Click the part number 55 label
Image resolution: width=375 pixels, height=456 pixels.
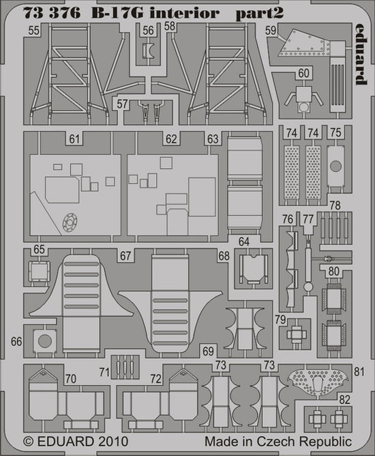pos(33,30)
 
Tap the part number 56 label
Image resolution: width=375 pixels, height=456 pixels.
pos(148,30)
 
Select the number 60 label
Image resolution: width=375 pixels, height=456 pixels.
pos(304,73)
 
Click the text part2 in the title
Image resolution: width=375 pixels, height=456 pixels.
pos(259,14)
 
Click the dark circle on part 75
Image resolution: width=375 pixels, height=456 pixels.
pos(335,166)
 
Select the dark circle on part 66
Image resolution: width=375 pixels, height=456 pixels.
pos(45,341)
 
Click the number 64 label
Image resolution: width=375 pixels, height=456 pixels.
pos(244,242)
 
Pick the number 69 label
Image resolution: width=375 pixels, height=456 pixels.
pos(208,352)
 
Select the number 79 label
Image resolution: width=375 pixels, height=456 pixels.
pos(280,319)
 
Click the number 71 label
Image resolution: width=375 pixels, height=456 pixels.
pos(104,372)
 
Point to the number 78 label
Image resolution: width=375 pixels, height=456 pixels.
pos(335,205)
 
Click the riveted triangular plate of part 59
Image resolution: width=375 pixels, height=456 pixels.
pos(304,43)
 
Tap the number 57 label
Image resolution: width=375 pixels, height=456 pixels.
pos(122,104)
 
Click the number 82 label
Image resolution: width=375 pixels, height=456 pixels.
pos(345,399)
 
